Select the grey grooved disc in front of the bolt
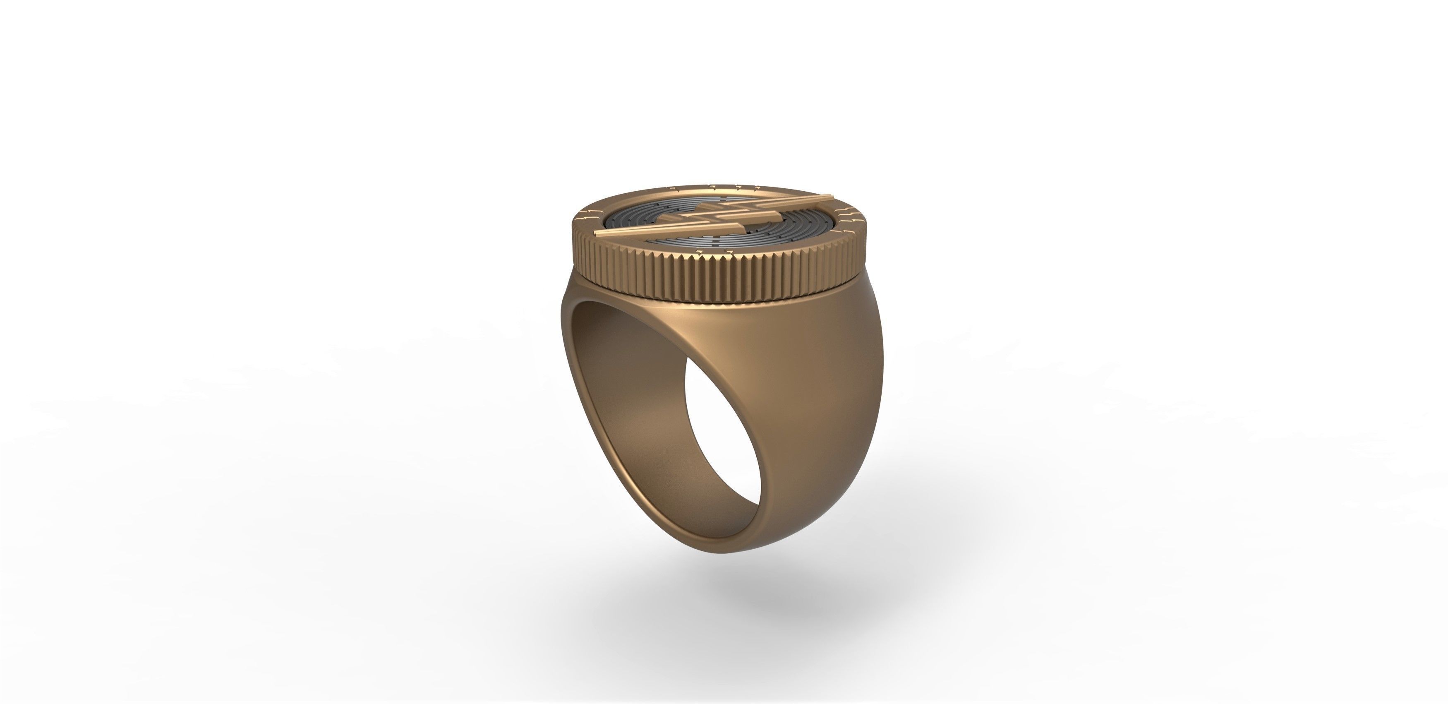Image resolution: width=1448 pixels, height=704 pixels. (731, 239)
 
